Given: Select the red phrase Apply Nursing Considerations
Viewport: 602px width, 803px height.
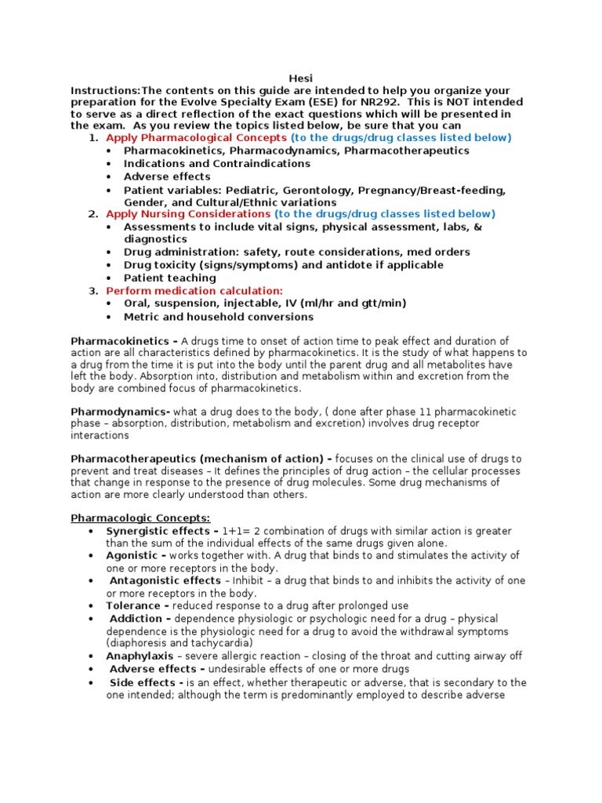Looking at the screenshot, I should [x=188, y=214].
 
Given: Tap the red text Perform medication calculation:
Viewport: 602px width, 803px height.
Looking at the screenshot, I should [x=194, y=290].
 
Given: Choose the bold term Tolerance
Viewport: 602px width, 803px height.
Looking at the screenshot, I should [x=133, y=606].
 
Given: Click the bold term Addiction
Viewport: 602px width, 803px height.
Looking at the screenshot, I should [x=136, y=619].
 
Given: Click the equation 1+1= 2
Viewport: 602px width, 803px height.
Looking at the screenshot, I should [x=241, y=531].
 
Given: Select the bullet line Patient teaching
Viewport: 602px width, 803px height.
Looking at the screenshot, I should [x=169, y=278].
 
